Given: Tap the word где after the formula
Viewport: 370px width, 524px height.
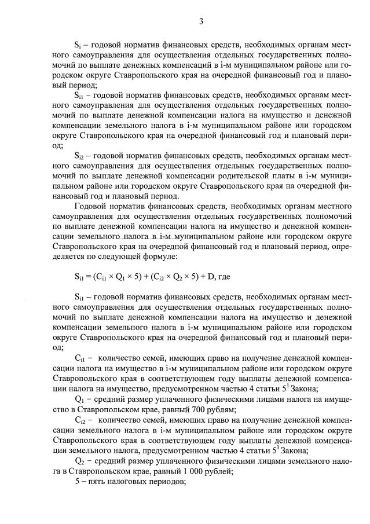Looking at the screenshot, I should (219, 277).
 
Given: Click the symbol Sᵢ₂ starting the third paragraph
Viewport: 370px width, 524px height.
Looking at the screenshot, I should (79, 155).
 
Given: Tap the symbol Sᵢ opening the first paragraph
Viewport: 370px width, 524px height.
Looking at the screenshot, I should (78, 43).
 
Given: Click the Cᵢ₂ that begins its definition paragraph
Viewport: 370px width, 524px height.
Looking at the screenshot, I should (80, 419).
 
